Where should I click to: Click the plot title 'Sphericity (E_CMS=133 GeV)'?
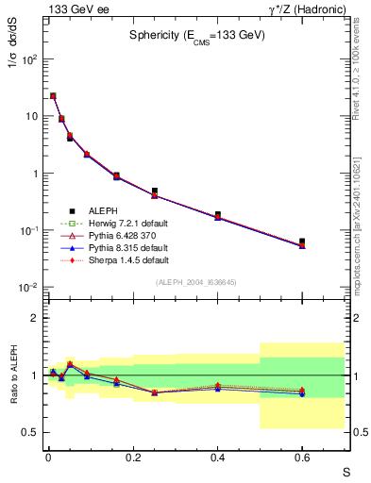pyautogui.click(x=197, y=36)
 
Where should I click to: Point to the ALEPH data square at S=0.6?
pyautogui.click(x=302, y=241)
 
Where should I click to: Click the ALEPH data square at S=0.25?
pyautogui.click(x=154, y=191)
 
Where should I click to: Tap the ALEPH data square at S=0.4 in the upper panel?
pyautogui.click(x=217, y=214)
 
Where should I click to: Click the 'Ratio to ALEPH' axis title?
pyautogui.click(x=13, y=376)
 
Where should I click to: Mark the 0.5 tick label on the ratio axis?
pyautogui.click(x=32, y=432)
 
